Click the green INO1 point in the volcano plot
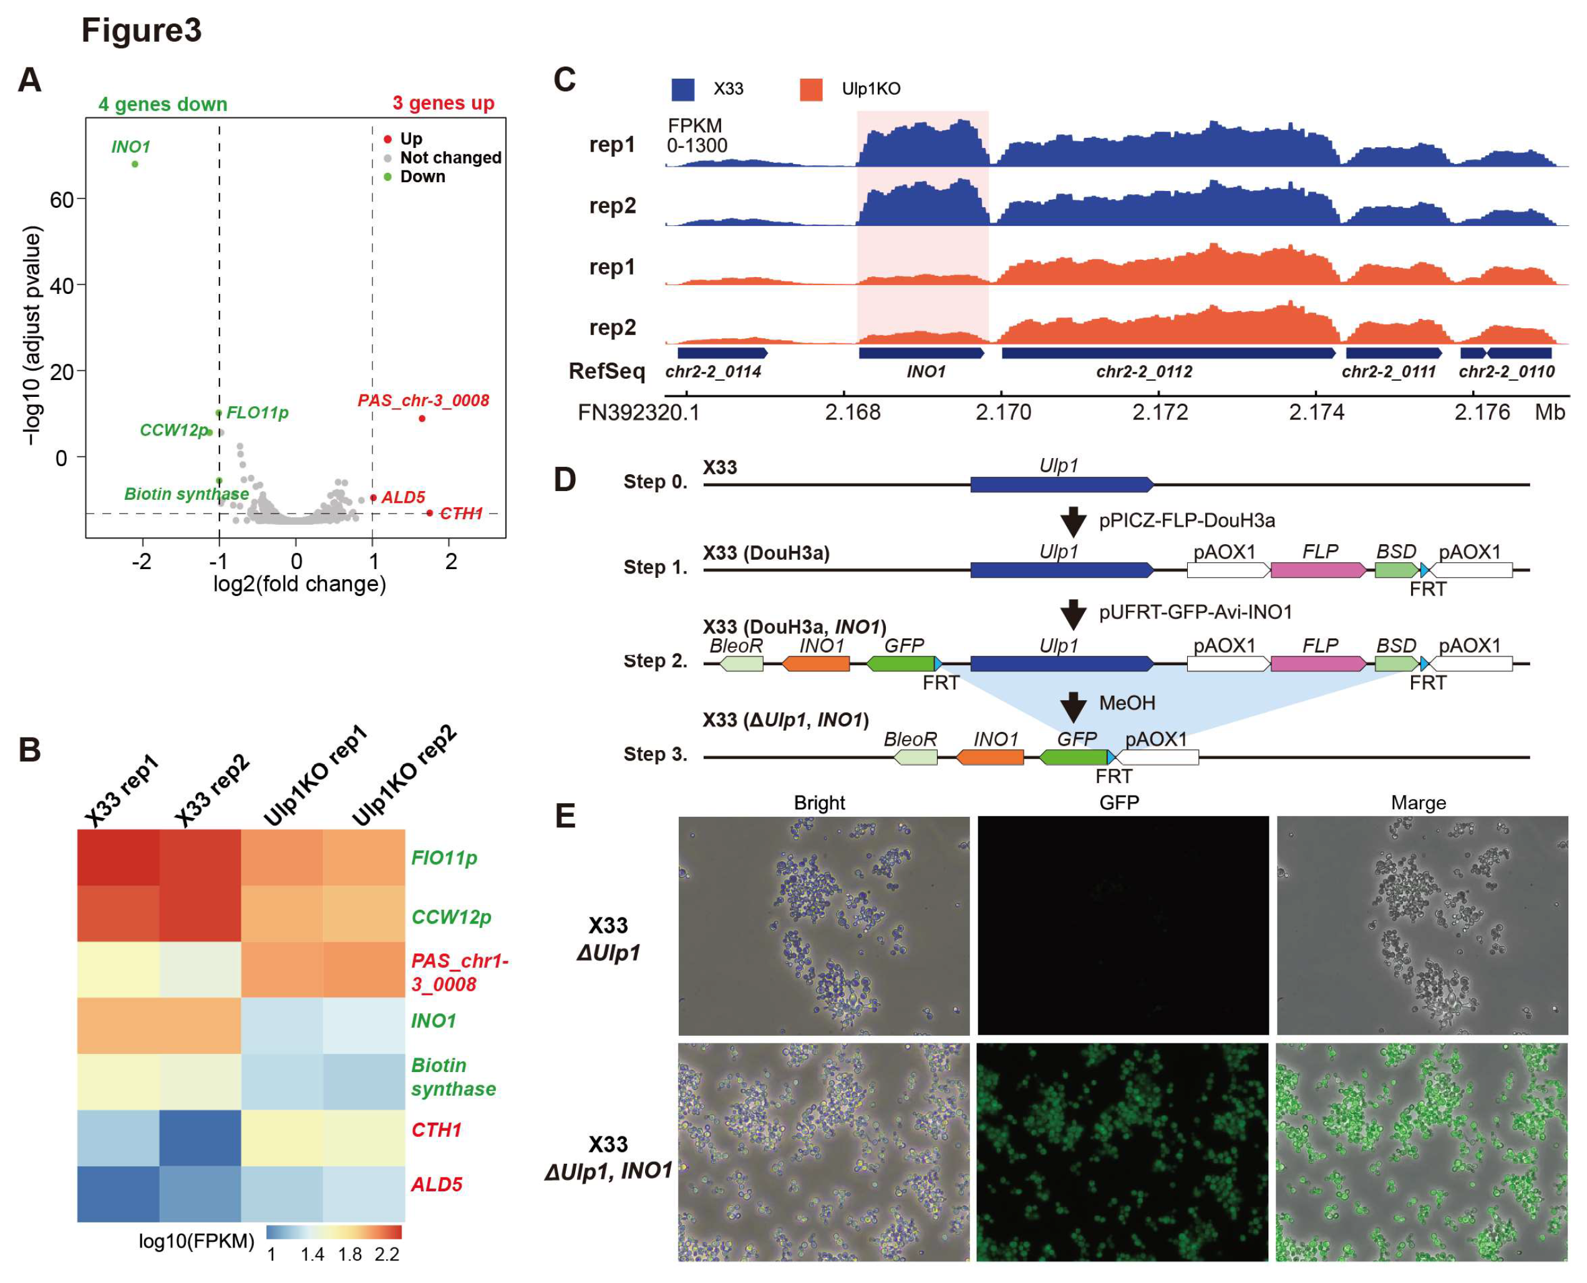pyautogui.click(x=135, y=164)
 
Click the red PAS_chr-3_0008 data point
pyautogui.click(x=422, y=418)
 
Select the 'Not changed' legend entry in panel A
pyautogui.click(x=450, y=157)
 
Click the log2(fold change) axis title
pyautogui.click(x=299, y=584)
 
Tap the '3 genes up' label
pyautogui.click(x=444, y=103)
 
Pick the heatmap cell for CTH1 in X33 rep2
pyautogui.click(x=200, y=1138)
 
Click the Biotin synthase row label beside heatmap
pyautogui.click(x=453, y=1077)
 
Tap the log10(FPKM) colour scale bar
pyautogui.click(x=334, y=1232)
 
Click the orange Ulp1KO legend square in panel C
pyautogui.click(x=810, y=89)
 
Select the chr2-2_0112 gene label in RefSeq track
pyautogui.click(x=1143, y=372)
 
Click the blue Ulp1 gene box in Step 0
pyautogui.click(x=1061, y=485)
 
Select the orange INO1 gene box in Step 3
pyautogui.click(x=990, y=757)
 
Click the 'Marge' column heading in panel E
pyautogui.click(x=1418, y=802)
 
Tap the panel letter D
pyautogui.click(x=565, y=481)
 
